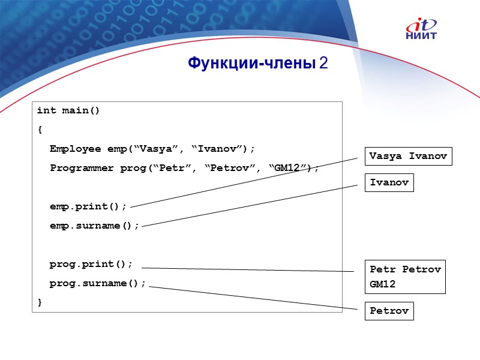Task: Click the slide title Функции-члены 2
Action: pyautogui.click(x=257, y=63)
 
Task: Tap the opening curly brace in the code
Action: pyautogui.click(x=40, y=130)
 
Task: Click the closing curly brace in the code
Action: pyautogui.click(x=40, y=302)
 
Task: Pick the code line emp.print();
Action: pyautogui.click(x=88, y=206)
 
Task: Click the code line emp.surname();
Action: pyautogui.click(x=94, y=226)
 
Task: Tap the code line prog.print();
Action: pyautogui.click(x=91, y=264)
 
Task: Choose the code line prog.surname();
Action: pyautogui.click(x=98, y=283)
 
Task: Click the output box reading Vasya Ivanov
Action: pyautogui.click(x=408, y=156)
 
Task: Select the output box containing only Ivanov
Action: pyautogui.click(x=389, y=182)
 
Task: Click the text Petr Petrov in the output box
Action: pyautogui.click(x=405, y=269)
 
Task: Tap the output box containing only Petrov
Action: pyautogui.click(x=389, y=311)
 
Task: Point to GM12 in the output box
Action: pyautogui.click(x=383, y=284)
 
